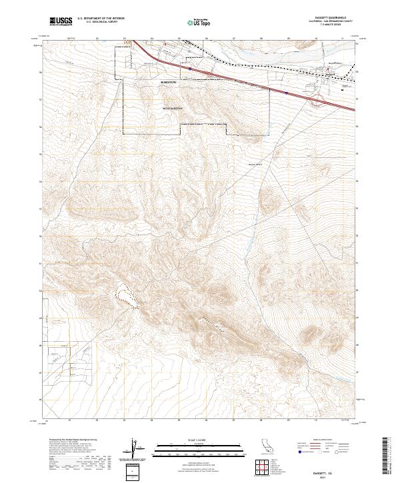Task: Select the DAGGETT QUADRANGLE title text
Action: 325,17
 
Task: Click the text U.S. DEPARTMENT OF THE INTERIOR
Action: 101,19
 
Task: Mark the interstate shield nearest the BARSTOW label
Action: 191,67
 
